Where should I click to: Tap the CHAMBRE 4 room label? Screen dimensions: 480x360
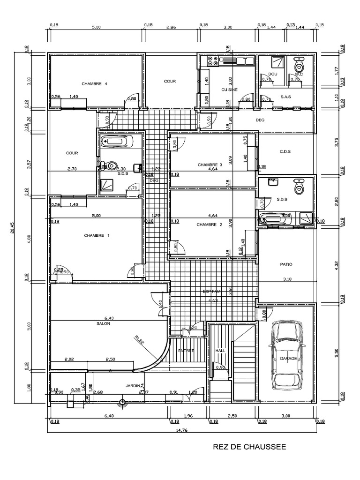95,84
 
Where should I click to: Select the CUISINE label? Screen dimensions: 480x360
230,89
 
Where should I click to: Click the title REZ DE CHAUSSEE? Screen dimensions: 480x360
249,447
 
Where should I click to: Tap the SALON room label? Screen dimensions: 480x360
104,323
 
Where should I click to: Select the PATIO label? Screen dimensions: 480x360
286,264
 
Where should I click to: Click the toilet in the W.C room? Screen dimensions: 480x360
298,67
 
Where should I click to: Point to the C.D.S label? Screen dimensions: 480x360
285,151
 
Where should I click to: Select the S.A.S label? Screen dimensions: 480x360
286,97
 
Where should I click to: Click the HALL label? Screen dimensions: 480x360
220,350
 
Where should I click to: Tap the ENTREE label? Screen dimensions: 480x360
186,350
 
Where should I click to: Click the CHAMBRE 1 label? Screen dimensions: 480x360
97,235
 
